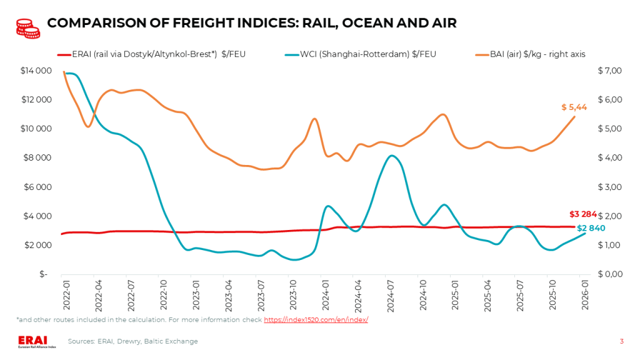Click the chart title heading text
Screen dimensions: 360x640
[252, 23]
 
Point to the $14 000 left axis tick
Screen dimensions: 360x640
[36, 71]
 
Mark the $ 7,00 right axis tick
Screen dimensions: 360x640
[610, 71]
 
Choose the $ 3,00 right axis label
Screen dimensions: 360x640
[610, 187]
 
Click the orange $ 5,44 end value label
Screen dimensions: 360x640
[573, 107]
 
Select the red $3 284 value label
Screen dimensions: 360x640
[583, 214]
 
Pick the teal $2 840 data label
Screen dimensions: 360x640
[590, 228]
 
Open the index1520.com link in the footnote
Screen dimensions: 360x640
[316, 319]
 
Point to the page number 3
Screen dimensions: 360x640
[621, 341]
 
